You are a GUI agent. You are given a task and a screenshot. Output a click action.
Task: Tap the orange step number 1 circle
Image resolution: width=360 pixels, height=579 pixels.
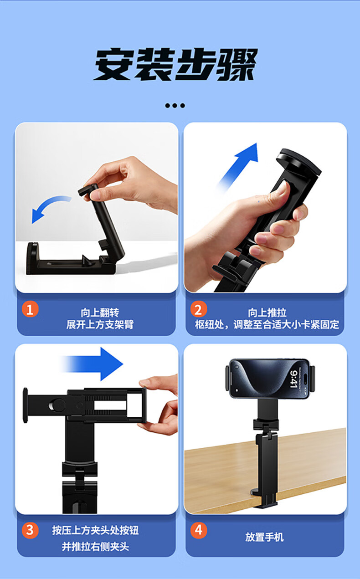coord(30,309)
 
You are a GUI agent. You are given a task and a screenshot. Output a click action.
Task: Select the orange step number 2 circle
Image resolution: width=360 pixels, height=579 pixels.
coord(199,309)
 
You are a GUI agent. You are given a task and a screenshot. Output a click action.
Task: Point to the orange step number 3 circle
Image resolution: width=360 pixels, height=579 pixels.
coord(30,530)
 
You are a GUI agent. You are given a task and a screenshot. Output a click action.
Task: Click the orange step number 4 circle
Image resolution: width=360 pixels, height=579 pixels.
coord(199,530)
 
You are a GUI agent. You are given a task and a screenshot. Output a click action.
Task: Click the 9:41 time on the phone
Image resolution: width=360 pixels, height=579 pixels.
coord(293,379)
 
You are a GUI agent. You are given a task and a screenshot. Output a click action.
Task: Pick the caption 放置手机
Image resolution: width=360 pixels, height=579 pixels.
coord(264,537)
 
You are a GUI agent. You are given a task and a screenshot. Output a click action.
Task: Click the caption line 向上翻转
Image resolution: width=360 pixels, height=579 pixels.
coord(100,313)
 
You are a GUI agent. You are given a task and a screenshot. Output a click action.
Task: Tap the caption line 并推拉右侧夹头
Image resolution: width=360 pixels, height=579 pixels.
coord(95,546)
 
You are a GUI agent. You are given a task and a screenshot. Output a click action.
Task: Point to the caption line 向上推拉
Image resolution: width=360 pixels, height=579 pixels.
coord(267,313)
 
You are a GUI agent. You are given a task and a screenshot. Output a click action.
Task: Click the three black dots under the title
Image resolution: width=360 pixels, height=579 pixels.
coord(175,106)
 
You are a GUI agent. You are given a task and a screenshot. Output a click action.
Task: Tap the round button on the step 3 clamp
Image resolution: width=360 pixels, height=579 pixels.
coord(57,405)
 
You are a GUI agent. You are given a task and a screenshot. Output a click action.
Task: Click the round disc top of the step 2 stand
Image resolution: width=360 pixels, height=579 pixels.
coord(299,162)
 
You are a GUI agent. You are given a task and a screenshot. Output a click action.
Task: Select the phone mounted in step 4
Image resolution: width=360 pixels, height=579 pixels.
coord(270,379)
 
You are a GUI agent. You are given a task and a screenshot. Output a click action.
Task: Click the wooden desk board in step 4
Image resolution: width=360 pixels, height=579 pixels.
coord(265,471)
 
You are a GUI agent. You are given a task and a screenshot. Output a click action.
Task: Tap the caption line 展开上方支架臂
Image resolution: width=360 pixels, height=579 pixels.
coord(100,324)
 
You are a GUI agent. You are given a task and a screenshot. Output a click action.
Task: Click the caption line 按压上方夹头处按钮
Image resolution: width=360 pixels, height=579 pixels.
coord(95,530)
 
